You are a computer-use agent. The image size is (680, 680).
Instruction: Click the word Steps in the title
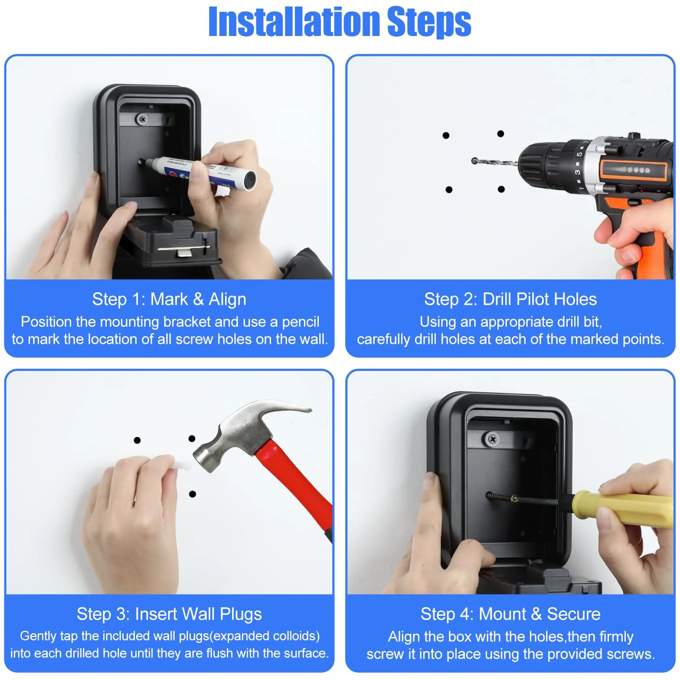(x=429, y=23)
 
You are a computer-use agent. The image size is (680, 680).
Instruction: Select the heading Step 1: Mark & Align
(x=169, y=299)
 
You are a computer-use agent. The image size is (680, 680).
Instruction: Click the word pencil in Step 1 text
(x=301, y=322)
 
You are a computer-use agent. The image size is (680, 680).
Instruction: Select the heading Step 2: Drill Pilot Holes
(x=510, y=299)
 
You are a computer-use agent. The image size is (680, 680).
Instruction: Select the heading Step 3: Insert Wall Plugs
(x=169, y=614)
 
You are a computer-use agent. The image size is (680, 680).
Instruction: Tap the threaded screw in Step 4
(x=501, y=497)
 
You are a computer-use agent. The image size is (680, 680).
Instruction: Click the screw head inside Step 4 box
(x=493, y=439)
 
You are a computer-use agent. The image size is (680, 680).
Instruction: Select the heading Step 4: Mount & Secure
(x=510, y=614)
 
